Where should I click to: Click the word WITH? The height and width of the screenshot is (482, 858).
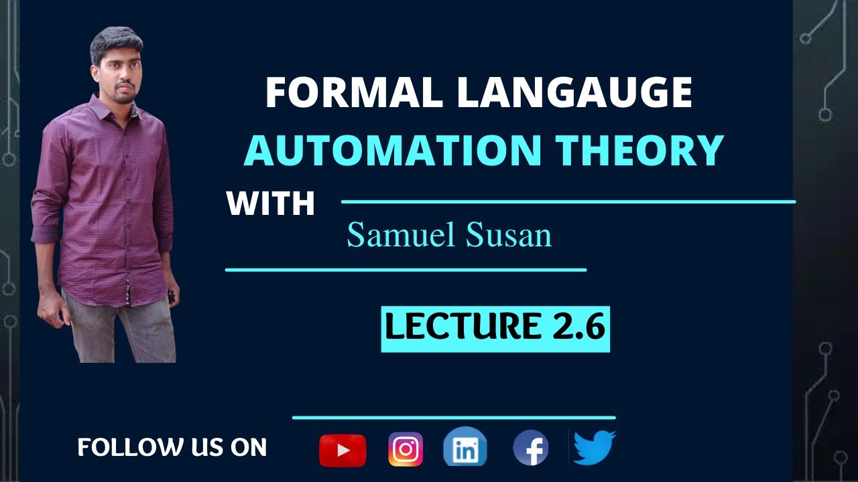(271, 204)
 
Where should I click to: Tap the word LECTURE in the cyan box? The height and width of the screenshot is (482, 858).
(463, 327)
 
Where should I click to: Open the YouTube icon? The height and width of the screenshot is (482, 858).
(343, 450)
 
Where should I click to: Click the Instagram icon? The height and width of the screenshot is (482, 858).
(406, 449)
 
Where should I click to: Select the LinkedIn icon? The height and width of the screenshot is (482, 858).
(465, 448)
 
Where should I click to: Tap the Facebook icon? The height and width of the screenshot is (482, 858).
(531, 448)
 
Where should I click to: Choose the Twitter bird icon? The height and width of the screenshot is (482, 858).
(594, 447)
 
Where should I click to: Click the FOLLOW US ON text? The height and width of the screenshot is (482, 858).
(172, 447)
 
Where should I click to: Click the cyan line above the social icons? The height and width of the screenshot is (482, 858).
(454, 418)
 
